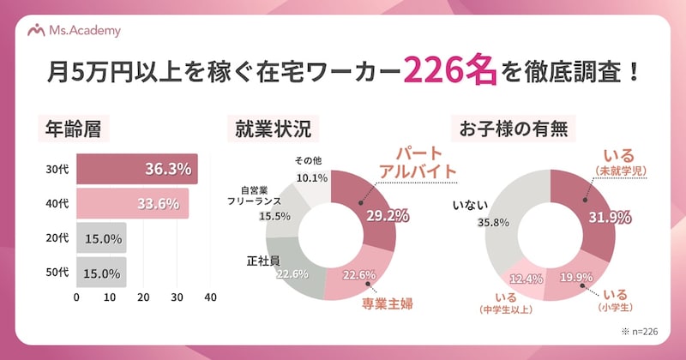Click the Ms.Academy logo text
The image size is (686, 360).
(85, 31)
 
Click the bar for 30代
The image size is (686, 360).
(137, 169)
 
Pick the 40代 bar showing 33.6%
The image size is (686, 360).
(133, 204)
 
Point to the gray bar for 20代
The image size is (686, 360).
(101, 238)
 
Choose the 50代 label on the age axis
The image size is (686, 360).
(57, 273)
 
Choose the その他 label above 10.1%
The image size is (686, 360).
(309, 161)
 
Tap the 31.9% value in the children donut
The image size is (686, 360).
(605, 215)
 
